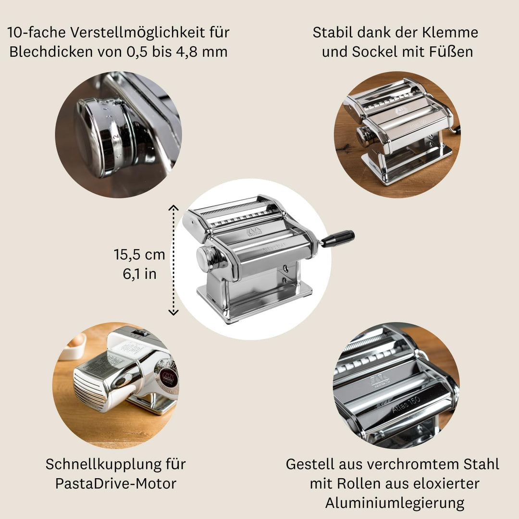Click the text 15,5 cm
(x=139, y=254)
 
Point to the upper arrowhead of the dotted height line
(x=173, y=208)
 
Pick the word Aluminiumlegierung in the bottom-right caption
(x=395, y=503)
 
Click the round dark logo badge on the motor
(x=168, y=378)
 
